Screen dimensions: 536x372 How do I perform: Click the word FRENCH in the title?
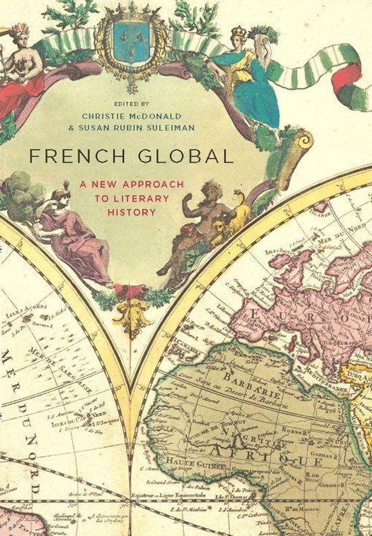(x=65, y=155)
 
